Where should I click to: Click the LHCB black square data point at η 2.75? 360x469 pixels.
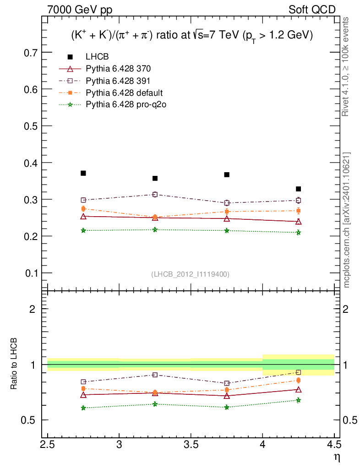83,173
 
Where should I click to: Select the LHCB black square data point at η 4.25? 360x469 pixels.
299,189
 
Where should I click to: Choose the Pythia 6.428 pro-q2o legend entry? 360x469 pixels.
125,104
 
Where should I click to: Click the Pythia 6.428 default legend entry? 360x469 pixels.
124,93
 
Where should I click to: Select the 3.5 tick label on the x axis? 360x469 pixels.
191,444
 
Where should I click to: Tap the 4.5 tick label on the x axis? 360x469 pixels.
334,444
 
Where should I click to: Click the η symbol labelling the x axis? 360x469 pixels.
337,457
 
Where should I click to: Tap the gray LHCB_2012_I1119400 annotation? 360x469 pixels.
191,274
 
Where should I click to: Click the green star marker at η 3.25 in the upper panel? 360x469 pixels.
155,229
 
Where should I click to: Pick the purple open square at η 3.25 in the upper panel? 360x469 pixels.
155,195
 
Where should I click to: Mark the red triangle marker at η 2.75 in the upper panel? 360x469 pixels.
83,216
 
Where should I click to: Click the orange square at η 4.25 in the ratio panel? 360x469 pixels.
299,380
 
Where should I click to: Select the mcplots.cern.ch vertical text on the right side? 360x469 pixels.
347,220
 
